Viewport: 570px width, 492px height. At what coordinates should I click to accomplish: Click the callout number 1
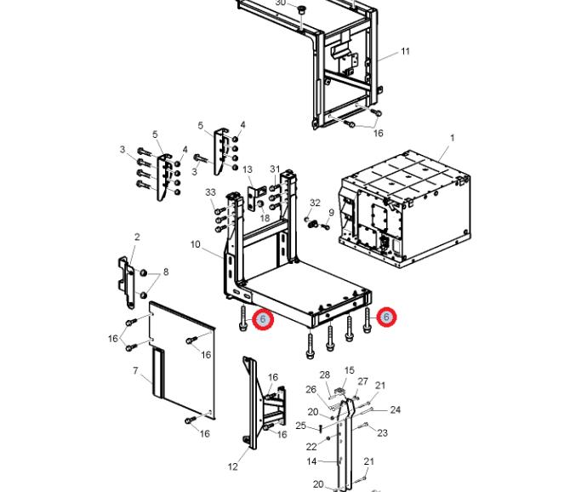[x=453, y=137]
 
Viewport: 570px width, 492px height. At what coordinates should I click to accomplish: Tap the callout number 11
[x=405, y=51]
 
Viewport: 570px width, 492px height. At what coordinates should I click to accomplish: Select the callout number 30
[x=281, y=3]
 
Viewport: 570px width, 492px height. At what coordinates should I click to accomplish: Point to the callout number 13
[x=248, y=169]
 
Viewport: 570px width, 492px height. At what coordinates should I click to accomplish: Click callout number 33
[x=210, y=192]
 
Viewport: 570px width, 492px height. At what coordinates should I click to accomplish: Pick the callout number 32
[x=315, y=203]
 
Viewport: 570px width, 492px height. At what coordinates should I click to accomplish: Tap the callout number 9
[x=331, y=212]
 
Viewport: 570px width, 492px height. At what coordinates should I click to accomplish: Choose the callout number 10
[x=195, y=244]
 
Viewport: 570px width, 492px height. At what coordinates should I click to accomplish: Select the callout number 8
[x=165, y=272]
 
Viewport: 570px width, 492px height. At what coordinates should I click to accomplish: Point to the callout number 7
[x=135, y=371]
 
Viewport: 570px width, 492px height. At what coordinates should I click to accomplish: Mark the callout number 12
[x=233, y=466]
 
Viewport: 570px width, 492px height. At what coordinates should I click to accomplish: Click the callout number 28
[x=324, y=375]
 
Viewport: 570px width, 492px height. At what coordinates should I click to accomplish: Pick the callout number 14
[x=311, y=461]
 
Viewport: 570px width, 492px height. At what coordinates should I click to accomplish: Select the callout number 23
[x=382, y=432]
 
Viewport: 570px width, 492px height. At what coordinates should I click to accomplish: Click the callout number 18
[x=265, y=219]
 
